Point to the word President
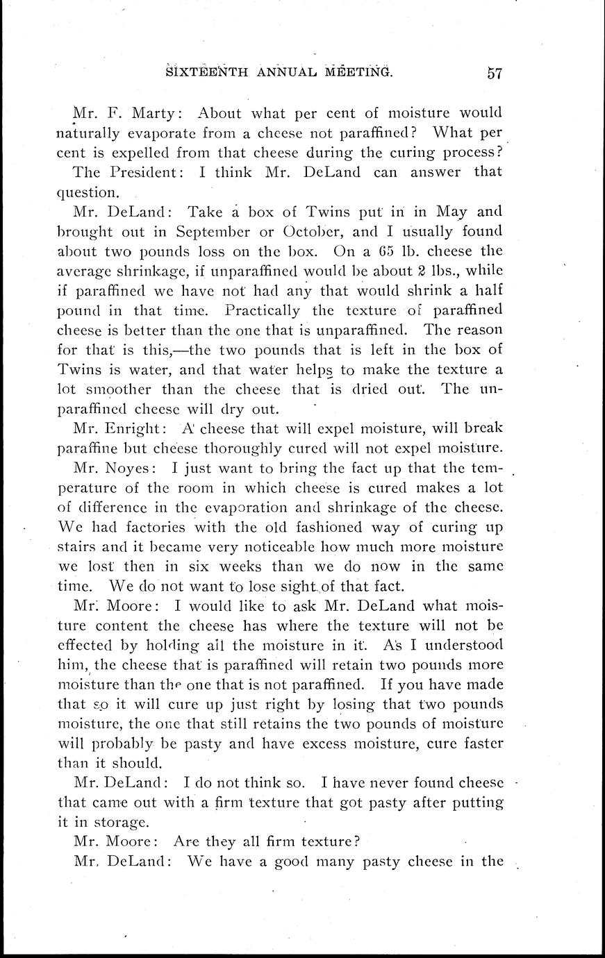[x=144, y=171]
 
